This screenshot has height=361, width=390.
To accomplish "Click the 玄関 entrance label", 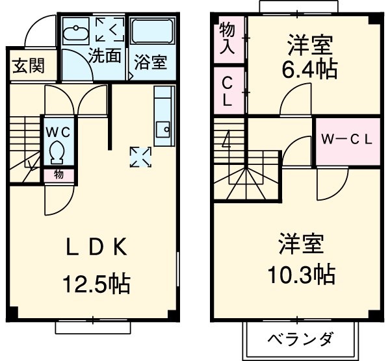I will [x=27, y=65].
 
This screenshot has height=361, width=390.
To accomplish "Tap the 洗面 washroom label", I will [x=105, y=56].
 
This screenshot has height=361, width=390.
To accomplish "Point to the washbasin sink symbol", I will [x=77, y=32].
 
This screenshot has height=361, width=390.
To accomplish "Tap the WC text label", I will [x=58, y=131].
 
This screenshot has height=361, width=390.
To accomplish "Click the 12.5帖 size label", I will [x=96, y=284].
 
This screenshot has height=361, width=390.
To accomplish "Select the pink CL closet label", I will [x=229, y=92].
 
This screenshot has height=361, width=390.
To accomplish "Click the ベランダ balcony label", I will [x=301, y=339].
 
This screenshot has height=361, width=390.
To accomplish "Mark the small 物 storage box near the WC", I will [x=58, y=174].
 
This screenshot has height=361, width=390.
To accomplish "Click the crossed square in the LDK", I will [x=140, y=156].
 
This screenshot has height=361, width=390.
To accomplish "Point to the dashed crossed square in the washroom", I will [x=108, y=30].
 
